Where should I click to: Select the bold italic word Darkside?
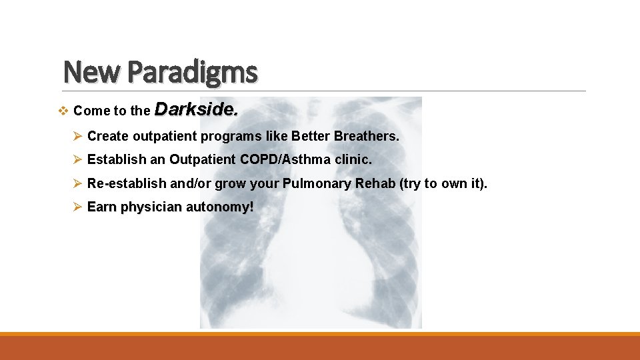click(x=197, y=109)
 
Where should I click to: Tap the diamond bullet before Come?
click(x=64, y=111)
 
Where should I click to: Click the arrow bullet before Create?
click(x=78, y=136)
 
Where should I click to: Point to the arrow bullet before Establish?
click(x=78, y=160)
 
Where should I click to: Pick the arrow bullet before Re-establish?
click(x=78, y=183)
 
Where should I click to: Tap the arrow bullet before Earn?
click(x=78, y=207)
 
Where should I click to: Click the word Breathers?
click(x=367, y=136)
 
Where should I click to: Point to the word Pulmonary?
click(x=315, y=183)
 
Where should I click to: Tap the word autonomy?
click(x=220, y=207)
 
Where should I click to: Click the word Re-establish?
click(x=127, y=183)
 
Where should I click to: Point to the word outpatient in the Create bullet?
click(x=163, y=137)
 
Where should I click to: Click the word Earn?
click(x=102, y=207)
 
